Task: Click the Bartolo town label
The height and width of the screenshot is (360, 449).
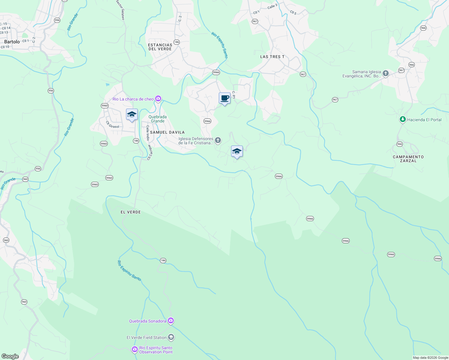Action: (x=12, y=42)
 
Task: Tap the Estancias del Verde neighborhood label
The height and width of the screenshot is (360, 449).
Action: (x=160, y=47)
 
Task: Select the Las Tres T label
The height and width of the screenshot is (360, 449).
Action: (x=272, y=57)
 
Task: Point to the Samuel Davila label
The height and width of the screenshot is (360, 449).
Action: (x=167, y=132)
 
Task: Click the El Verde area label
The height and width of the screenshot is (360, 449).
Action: (x=131, y=212)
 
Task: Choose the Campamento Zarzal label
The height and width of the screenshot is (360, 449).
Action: (x=408, y=159)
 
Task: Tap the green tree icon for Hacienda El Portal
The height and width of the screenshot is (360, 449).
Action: (x=402, y=119)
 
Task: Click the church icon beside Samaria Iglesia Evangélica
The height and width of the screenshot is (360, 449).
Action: (x=386, y=73)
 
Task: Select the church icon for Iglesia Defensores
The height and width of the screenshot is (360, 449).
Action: (x=218, y=140)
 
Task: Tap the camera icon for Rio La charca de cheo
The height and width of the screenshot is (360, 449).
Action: (x=158, y=99)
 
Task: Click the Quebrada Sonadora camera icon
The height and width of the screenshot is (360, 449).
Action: (x=171, y=321)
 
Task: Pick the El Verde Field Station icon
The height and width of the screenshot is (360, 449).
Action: (x=171, y=337)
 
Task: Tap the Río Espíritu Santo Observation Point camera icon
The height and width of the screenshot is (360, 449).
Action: (x=135, y=349)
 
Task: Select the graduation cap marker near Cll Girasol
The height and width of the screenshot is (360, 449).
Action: (x=132, y=115)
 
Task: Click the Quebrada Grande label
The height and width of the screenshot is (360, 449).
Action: (x=158, y=119)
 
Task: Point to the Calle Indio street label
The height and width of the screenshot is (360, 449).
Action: (x=148, y=133)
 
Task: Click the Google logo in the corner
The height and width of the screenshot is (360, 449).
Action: (x=10, y=356)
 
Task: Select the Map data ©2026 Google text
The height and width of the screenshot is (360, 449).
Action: (x=430, y=358)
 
